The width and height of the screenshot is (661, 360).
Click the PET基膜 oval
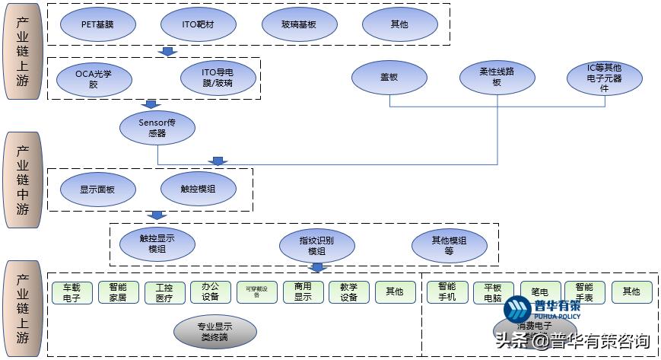click(98, 24)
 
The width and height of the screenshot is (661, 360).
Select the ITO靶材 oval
click(198, 24)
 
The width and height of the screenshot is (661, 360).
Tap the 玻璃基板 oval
click(299, 24)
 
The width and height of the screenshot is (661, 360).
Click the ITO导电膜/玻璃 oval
click(218, 78)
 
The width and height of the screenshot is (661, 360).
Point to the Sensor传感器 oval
click(157, 127)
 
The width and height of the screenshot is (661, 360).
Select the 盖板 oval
click(389, 77)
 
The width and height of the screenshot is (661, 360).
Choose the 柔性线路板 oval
click(497, 77)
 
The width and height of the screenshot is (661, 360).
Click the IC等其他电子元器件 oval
click(605, 78)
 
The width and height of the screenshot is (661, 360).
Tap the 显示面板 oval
click(97, 190)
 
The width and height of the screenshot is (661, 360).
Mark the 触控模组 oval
click(198, 190)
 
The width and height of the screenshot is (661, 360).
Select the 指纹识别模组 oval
click(316, 245)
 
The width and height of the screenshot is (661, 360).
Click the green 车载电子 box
click(72, 292)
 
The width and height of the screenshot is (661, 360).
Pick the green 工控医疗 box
click(164, 292)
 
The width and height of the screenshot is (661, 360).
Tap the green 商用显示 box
click(303, 292)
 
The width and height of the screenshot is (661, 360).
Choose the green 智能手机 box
click(447, 292)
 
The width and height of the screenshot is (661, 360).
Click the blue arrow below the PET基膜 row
click(169, 51)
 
